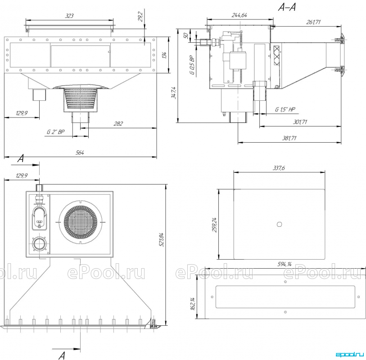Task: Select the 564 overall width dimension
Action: (80, 153)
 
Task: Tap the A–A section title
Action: (287, 7)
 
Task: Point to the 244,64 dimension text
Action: (239, 15)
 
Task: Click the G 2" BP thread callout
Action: (55, 132)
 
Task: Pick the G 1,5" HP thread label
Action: (285, 109)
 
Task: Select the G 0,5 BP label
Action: (192, 65)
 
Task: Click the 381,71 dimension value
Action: (289, 138)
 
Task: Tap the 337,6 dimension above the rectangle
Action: (279, 168)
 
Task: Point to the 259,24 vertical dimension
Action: (214, 225)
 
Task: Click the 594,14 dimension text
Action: (285, 264)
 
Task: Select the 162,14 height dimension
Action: (193, 304)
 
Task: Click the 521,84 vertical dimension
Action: (161, 239)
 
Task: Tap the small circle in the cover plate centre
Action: (279, 225)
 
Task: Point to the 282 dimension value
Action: (118, 123)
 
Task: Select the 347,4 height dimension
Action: (174, 93)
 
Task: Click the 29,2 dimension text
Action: (141, 17)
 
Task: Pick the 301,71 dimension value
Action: (300, 122)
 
